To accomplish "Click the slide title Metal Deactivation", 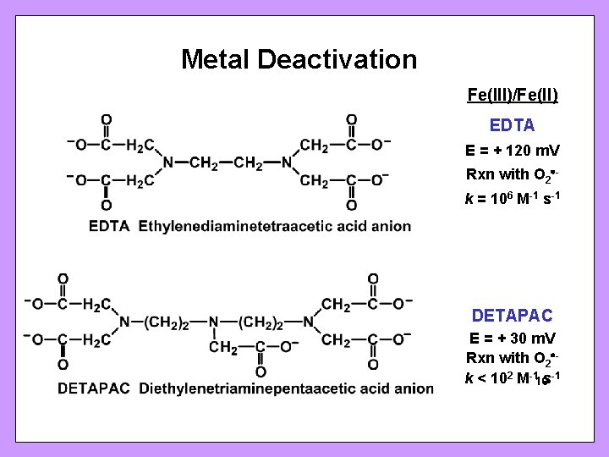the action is (x=299, y=60).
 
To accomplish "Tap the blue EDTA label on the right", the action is (x=513, y=125).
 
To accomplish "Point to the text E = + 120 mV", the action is (x=513, y=151).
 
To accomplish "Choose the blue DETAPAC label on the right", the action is (x=513, y=316).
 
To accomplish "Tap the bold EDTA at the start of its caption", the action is (x=109, y=227).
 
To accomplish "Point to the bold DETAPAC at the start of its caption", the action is (x=94, y=388).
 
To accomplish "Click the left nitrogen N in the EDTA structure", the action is (x=167, y=162).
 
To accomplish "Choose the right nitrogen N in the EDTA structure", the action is (x=287, y=162).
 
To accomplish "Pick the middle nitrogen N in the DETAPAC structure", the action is (x=214, y=322).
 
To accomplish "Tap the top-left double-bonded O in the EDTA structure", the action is (x=105, y=119).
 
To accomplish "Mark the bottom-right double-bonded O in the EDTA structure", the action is (x=351, y=205).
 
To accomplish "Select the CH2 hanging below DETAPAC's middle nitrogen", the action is (x=222, y=347).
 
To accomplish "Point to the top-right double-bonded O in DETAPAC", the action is (x=373, y=279).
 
